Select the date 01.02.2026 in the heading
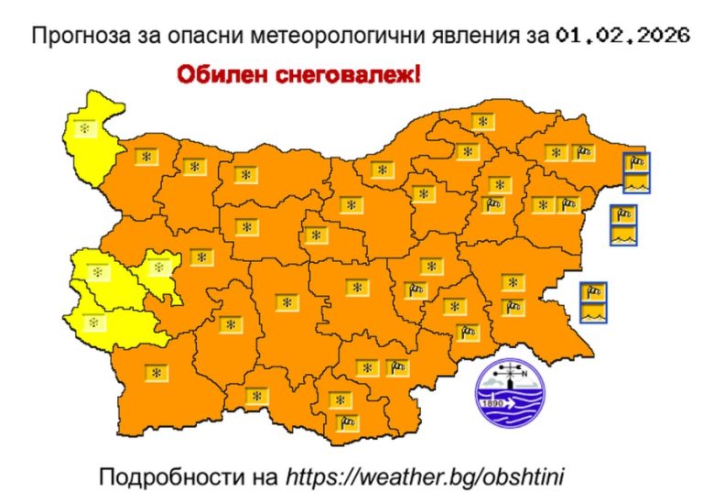621,38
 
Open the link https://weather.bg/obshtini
425,477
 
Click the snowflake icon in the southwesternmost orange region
157,373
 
